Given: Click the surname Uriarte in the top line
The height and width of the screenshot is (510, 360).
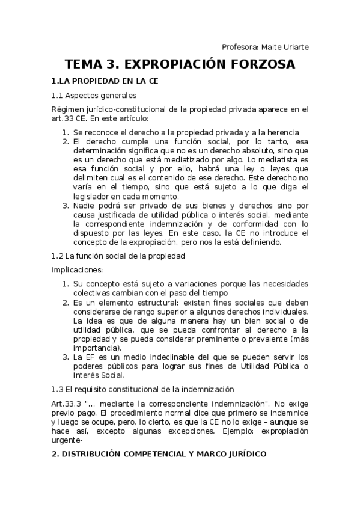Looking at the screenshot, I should point(292,47).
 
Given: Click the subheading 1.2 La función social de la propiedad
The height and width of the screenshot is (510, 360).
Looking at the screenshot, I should point(118,256).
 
